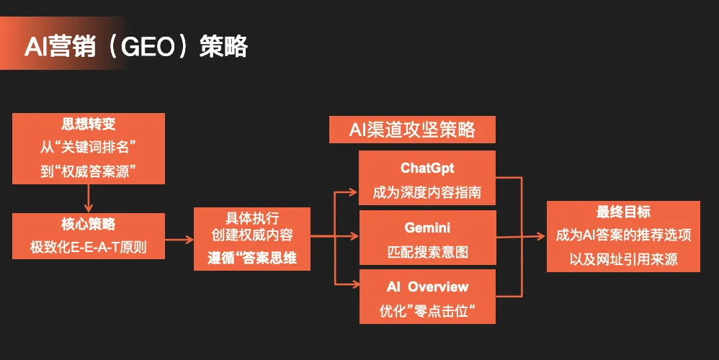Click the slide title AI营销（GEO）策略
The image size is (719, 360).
[136, 47]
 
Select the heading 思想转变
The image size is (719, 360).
[89, 124]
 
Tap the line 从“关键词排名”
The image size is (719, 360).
[89, 147]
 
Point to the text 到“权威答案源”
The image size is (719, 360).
[89, 170]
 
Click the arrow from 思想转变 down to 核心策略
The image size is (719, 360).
[89, 197]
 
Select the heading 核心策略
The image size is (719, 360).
[89, 225]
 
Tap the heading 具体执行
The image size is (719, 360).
[252, 218]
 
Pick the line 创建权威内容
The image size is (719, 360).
[252, 235]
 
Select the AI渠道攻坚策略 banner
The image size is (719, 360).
[412, 130]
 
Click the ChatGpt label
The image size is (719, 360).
[428, 168]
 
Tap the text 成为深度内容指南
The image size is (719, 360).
[428, 192]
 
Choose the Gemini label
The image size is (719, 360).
[428, 228]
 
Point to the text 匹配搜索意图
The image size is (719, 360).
[428, 252]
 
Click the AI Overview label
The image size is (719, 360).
[428, 287]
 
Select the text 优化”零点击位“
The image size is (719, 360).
[428, 311]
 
